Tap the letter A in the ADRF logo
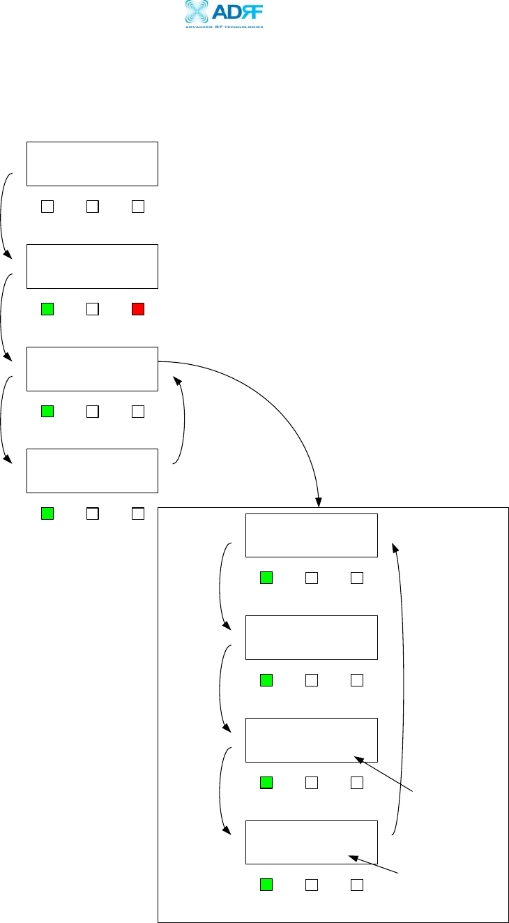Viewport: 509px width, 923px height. click(x=222, y=12)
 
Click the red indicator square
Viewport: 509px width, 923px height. click(x=138, y=309)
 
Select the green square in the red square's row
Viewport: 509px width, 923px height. click(x=47, y=309)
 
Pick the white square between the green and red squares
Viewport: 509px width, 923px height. click(x=93, y=309)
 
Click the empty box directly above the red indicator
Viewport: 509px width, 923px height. click(x=92, y=267)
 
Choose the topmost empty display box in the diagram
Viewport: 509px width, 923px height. click(x=92, y=164)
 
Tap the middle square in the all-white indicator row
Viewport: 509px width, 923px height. click(x=93, y=207)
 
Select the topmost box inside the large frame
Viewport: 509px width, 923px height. click(x=311, y=535)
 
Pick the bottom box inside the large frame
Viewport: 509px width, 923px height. click(x=311, y=842)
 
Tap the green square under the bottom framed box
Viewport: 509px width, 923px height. click(x=266, y=885)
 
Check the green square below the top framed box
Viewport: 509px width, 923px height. click(x=266, y=578)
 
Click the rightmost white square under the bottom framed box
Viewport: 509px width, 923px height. click(x=357, y=885)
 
